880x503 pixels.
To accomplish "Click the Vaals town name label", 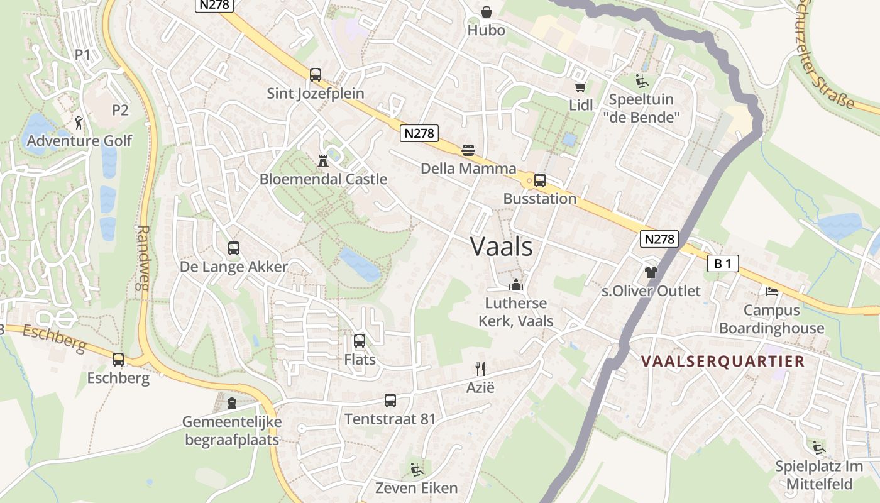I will coord(502,246).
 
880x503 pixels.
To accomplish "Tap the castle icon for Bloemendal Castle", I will coord(323,160).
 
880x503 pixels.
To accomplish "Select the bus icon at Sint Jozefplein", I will coord(316,75).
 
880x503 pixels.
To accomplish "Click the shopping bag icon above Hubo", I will coord(487,12).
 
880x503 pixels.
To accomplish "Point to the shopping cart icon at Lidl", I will coord(580,87).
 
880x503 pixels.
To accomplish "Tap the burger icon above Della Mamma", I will coord(468,150).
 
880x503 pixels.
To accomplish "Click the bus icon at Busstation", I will coord(540,180).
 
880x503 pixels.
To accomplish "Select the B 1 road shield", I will coord(723,263).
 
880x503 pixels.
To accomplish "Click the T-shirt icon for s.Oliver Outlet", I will coord(651,272).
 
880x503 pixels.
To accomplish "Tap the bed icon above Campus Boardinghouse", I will coord(772,291).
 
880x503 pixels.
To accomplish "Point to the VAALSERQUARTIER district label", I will coord(723,361).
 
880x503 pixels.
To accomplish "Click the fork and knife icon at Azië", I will coord(480,368).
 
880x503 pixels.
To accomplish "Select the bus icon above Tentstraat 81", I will coord(390,401).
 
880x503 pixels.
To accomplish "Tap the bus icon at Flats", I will coord(360,341).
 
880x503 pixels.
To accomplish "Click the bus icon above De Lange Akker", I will coord(234,248).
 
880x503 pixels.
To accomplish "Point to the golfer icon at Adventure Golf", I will coord(79,122).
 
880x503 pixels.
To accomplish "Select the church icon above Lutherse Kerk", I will coord(516,285).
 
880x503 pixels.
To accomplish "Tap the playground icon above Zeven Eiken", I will coord(416,469).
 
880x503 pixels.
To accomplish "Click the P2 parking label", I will coord(120,110).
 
